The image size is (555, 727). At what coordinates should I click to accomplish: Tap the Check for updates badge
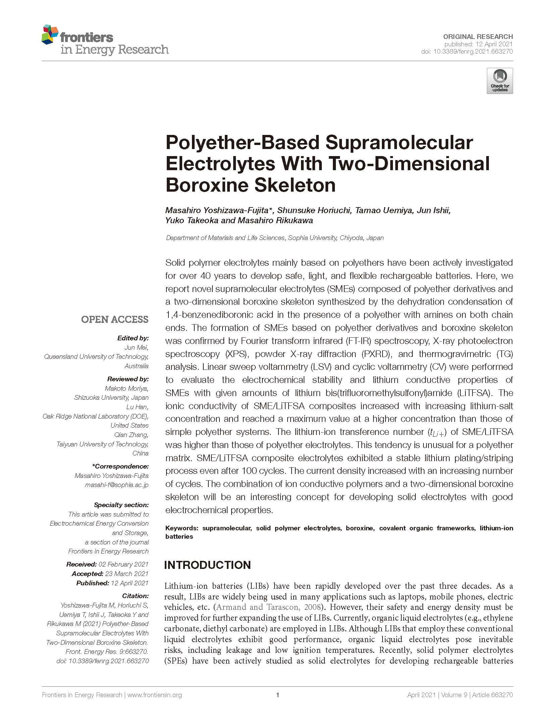500,81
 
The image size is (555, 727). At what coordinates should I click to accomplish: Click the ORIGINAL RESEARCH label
478,37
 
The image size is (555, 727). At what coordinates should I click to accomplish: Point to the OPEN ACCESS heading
114,319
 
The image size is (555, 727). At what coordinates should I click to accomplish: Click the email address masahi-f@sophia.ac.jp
111,485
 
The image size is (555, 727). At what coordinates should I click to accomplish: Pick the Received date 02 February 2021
123,564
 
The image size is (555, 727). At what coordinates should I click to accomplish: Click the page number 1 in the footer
277,695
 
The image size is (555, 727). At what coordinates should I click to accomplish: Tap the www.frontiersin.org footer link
155,695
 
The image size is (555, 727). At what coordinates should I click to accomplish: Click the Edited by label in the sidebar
133,338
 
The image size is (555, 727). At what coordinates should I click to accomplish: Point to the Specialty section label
121,505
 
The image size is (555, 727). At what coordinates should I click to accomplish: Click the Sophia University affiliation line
274,238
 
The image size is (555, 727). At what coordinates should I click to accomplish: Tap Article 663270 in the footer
492,695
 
